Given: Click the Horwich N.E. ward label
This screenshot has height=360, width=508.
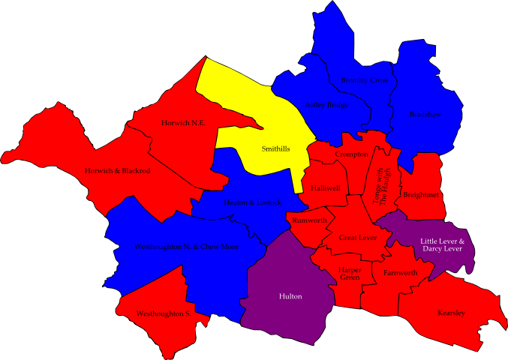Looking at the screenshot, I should pos(183,122).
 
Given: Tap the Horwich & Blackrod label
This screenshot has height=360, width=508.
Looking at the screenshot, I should pos(116,171).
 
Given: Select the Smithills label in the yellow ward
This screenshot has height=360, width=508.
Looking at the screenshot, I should pos(275,149).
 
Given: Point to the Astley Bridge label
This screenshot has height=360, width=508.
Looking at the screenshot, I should pos(326,105).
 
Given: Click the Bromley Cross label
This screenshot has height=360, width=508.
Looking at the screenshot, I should pos(365,80).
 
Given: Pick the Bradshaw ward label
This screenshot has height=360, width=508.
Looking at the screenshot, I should pos(425,115).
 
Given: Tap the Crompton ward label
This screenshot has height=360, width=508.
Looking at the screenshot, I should pos(352,154).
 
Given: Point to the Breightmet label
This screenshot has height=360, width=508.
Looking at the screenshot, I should pos(420,195).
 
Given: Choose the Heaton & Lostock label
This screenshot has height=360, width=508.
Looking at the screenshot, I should pos(252,202).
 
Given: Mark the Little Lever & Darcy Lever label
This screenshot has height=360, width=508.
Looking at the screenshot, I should pos(442,245).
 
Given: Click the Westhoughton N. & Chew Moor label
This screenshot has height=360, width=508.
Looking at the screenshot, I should pos(187,246).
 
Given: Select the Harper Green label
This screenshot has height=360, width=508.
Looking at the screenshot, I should pos(349,273).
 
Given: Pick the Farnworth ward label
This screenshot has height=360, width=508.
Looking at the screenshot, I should pos(400,273).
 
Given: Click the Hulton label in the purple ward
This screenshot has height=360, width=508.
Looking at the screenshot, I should pos(290,296).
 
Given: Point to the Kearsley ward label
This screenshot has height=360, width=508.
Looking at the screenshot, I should pos(451,313).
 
